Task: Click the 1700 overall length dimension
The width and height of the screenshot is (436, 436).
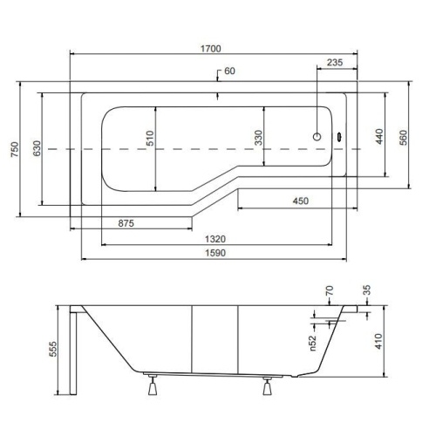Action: (211, 49)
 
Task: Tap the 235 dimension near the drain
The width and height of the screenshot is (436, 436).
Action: (335, 62)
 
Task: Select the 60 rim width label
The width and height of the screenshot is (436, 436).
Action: (229, 71)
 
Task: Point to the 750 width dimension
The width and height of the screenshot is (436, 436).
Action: (15, 149)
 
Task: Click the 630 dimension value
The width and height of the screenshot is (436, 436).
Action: (37, 148)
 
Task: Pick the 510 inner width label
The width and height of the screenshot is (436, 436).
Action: (150, 138)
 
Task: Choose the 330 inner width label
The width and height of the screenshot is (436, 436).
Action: (258, 138)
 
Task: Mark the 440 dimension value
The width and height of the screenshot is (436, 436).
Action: (379, 137)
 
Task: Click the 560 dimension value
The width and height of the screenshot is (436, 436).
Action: (404, 138)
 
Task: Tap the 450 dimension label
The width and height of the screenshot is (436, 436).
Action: (301, 201)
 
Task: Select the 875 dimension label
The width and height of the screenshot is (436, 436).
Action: (126, 223)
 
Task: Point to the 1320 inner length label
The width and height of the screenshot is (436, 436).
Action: (215, 239)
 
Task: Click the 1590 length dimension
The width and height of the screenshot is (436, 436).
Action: (215, 253)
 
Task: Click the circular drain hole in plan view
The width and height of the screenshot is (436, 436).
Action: (317, 137)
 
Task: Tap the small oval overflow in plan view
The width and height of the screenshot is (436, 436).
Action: (339, 136)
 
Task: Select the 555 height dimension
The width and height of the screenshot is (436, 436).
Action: (53, 349)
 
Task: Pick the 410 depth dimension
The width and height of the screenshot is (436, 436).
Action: (378, 341)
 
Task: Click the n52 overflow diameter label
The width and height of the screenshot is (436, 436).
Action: (312, 343)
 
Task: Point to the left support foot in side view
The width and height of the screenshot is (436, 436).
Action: (153, 385)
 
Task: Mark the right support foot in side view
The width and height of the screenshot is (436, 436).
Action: (268, 386)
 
